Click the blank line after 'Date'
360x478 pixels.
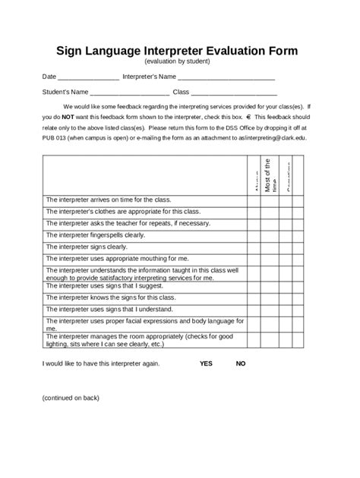tap(88, 78)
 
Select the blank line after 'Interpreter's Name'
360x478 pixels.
tap(226, 78)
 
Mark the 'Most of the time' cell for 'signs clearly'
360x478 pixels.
tap(270, 247)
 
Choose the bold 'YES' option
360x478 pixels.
tap(206, 363)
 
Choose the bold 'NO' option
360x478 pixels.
tap(241, 363)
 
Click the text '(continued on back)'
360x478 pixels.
tap(71, 397)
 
